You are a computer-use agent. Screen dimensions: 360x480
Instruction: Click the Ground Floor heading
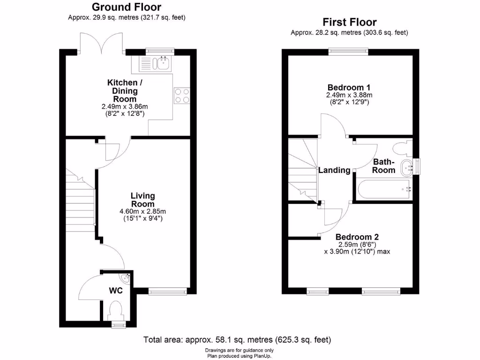point(127,7)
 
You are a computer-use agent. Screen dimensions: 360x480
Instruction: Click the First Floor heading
point(349,22)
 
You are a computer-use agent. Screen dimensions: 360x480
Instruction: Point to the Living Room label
point(143,200)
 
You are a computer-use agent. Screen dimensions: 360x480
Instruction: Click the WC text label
point(116,291)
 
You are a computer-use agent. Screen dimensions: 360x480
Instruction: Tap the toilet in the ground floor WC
point(115,310)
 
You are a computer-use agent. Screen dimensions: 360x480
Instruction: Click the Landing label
point(334,170)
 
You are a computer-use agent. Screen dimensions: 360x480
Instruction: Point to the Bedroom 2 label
point(357,237)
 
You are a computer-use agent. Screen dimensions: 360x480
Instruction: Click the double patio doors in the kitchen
point(101,43)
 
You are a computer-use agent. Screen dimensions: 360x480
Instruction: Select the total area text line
point(237,339)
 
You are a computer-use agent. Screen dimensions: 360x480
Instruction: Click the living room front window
point(167,292)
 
